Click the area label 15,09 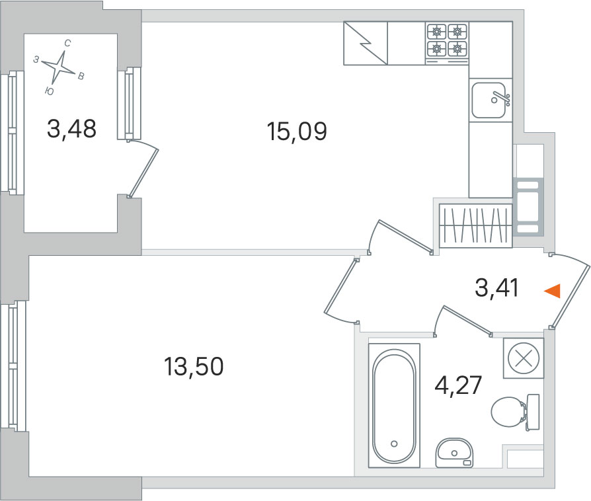click(x=297, y=132)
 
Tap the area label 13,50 click(x=194, y=366)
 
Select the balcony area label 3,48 click(x=71, y=128)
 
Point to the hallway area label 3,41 click(x=496, y=288)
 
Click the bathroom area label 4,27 click(x=458, y=385)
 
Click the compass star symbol click(x=58, y=67)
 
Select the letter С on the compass click(x=67, y=44)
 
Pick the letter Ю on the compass click(x=49, y=91)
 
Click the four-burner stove click(x=447, y=44)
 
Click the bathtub click(x=394, y=405)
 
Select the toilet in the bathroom click(x=515, y=412)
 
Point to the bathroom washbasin click(x=454, y=452)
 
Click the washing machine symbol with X click(x=524, y=358)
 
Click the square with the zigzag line click(x=366, y=43)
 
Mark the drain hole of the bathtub click(x=394, y=443)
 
